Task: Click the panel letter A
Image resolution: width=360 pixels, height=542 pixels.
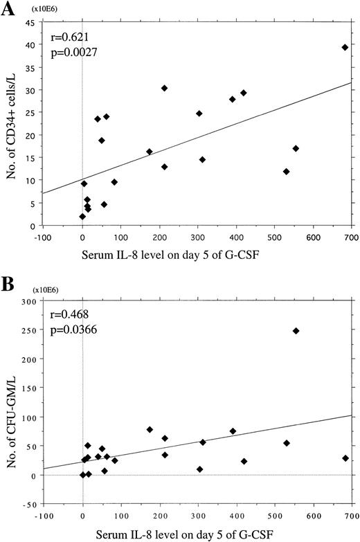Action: coord(10,9)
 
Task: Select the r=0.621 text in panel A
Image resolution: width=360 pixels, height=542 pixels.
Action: coord(66,35)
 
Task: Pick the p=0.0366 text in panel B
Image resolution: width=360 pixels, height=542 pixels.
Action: coord(71,328)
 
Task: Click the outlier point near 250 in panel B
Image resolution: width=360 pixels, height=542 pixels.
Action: coord(296,331)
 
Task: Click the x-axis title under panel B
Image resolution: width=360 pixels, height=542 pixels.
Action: coord(197,534)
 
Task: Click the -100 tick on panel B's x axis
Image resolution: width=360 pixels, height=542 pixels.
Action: coord(43,513)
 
